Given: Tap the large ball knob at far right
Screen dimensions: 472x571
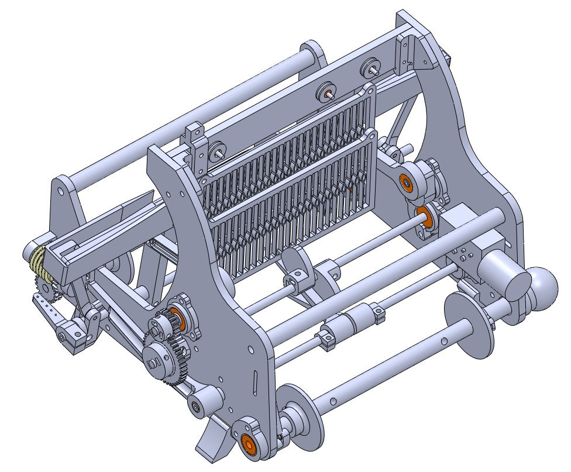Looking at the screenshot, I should pos(546,285).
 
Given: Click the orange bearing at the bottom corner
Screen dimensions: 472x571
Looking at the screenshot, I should pos(248,444).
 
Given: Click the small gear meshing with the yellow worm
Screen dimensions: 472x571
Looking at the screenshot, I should pos(44,287).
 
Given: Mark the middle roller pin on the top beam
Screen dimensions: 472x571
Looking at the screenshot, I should pos(326,91).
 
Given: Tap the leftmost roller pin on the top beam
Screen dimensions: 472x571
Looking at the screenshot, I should pos(218,150).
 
